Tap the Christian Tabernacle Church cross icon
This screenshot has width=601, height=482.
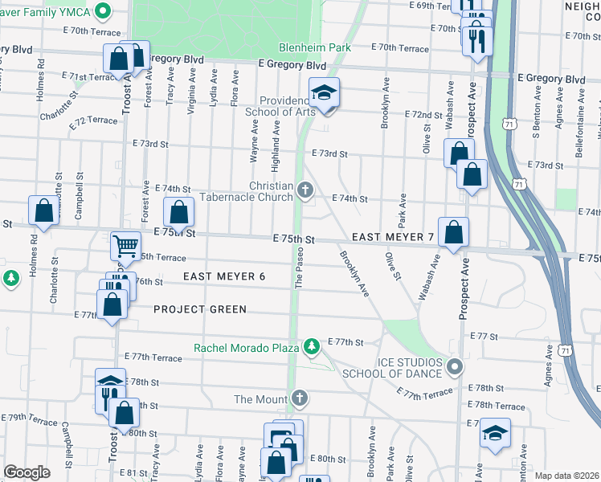[x=305, y=190]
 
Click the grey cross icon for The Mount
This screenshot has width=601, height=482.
[x=300, y=398]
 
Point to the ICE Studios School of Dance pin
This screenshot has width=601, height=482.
[x=455, y=367]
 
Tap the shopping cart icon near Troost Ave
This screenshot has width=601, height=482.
[x=125, y=245]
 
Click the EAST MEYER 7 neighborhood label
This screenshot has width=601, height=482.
[x=393, y=238]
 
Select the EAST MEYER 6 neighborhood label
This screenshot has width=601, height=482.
[x=223, y=276]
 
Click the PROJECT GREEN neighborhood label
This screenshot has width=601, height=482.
[x=199, y=309]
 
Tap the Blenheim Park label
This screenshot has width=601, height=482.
[x=315, y=47]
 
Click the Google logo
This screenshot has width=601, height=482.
[x=27, y=472]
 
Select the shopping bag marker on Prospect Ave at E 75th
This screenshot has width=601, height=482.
[x=453, y=232]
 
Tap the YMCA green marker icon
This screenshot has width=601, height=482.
[x=101, y=12]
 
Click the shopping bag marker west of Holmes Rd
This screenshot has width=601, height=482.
[x=43, y=210]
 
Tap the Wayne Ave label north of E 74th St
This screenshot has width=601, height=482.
[x=254, y=144]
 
